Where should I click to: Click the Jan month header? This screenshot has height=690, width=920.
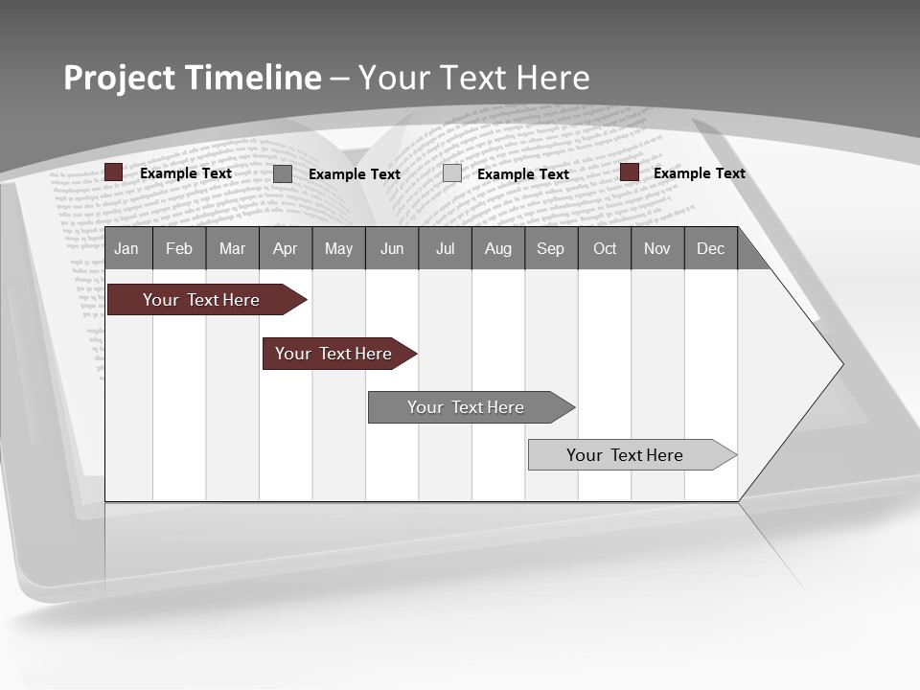(127, 248)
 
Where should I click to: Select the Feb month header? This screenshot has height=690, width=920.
(179, 248)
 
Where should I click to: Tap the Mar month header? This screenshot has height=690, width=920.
(232, 248)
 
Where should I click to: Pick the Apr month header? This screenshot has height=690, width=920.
(286, 248)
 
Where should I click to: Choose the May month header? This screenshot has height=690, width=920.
(338, 248)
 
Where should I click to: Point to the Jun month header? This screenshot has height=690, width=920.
(392, 248)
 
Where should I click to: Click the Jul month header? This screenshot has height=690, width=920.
(445, 248)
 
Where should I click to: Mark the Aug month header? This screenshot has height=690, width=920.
(498, 248)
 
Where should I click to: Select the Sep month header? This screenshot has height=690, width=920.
(551, 248)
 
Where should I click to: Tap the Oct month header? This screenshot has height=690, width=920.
(605, 248)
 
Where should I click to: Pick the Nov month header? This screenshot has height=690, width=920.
(657, 248)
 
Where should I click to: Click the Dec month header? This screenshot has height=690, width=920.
(711, 248)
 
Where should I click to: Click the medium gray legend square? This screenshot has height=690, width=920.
(283, 173)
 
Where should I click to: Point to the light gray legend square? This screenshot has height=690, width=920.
(452, 173)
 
